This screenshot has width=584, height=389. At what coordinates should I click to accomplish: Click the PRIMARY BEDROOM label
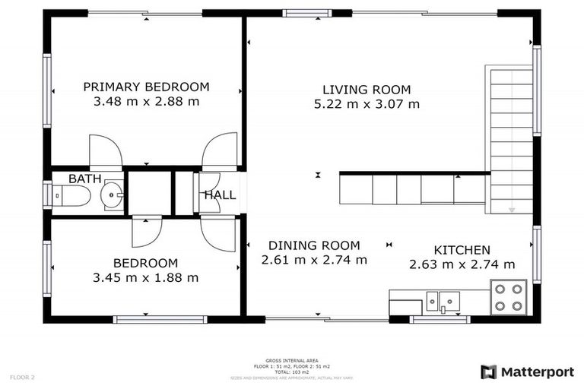click(146, 87)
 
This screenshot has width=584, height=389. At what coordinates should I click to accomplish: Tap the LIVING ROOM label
click(367, 90)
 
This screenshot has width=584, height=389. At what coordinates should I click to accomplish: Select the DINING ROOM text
click(314, 245)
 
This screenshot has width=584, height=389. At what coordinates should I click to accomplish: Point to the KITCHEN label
click(462, 250)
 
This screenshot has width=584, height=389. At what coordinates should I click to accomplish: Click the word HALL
click(220, 195)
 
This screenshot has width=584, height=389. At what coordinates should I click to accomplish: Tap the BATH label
click(84, 179)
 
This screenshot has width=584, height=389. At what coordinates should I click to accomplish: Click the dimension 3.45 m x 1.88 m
click(145, 278)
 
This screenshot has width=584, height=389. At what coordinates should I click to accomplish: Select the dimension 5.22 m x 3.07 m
click(367, 104)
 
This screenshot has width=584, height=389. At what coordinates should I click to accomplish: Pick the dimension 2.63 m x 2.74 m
click(462, 264)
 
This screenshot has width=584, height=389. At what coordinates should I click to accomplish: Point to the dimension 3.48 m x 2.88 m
click(146, 101)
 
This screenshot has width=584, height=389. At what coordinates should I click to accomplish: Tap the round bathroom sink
click(113, 195)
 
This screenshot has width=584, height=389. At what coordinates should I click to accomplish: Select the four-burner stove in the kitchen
click(509, 297)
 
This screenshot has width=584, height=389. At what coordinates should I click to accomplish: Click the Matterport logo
click(527, 372)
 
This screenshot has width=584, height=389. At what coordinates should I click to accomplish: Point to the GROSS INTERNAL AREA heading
click(292, 360)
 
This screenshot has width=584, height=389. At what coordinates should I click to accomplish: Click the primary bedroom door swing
click(105, 151)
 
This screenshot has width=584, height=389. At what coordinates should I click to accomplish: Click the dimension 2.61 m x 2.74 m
click(314, 260)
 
